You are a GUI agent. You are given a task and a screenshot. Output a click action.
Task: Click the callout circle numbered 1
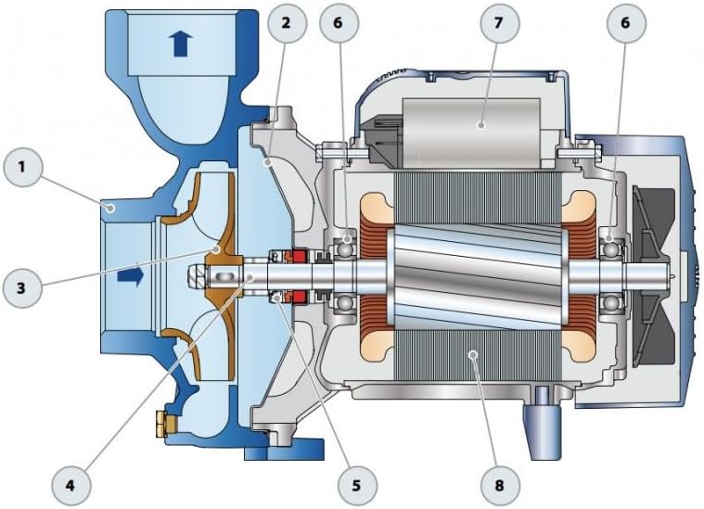coord(22,167)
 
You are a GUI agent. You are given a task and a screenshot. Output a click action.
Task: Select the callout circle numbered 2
coord(287,23)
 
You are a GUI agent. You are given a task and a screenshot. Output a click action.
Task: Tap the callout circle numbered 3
coord(22,287)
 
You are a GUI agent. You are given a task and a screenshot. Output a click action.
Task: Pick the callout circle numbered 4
coord(70,485)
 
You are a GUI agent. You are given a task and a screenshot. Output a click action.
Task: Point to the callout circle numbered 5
coord(357,485)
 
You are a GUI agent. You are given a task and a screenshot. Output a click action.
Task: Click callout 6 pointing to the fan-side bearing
coord(626,23)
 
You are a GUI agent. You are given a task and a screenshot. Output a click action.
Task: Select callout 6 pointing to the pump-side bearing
coord(339,23)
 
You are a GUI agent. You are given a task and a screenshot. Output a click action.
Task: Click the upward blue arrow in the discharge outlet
coord(181,44)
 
